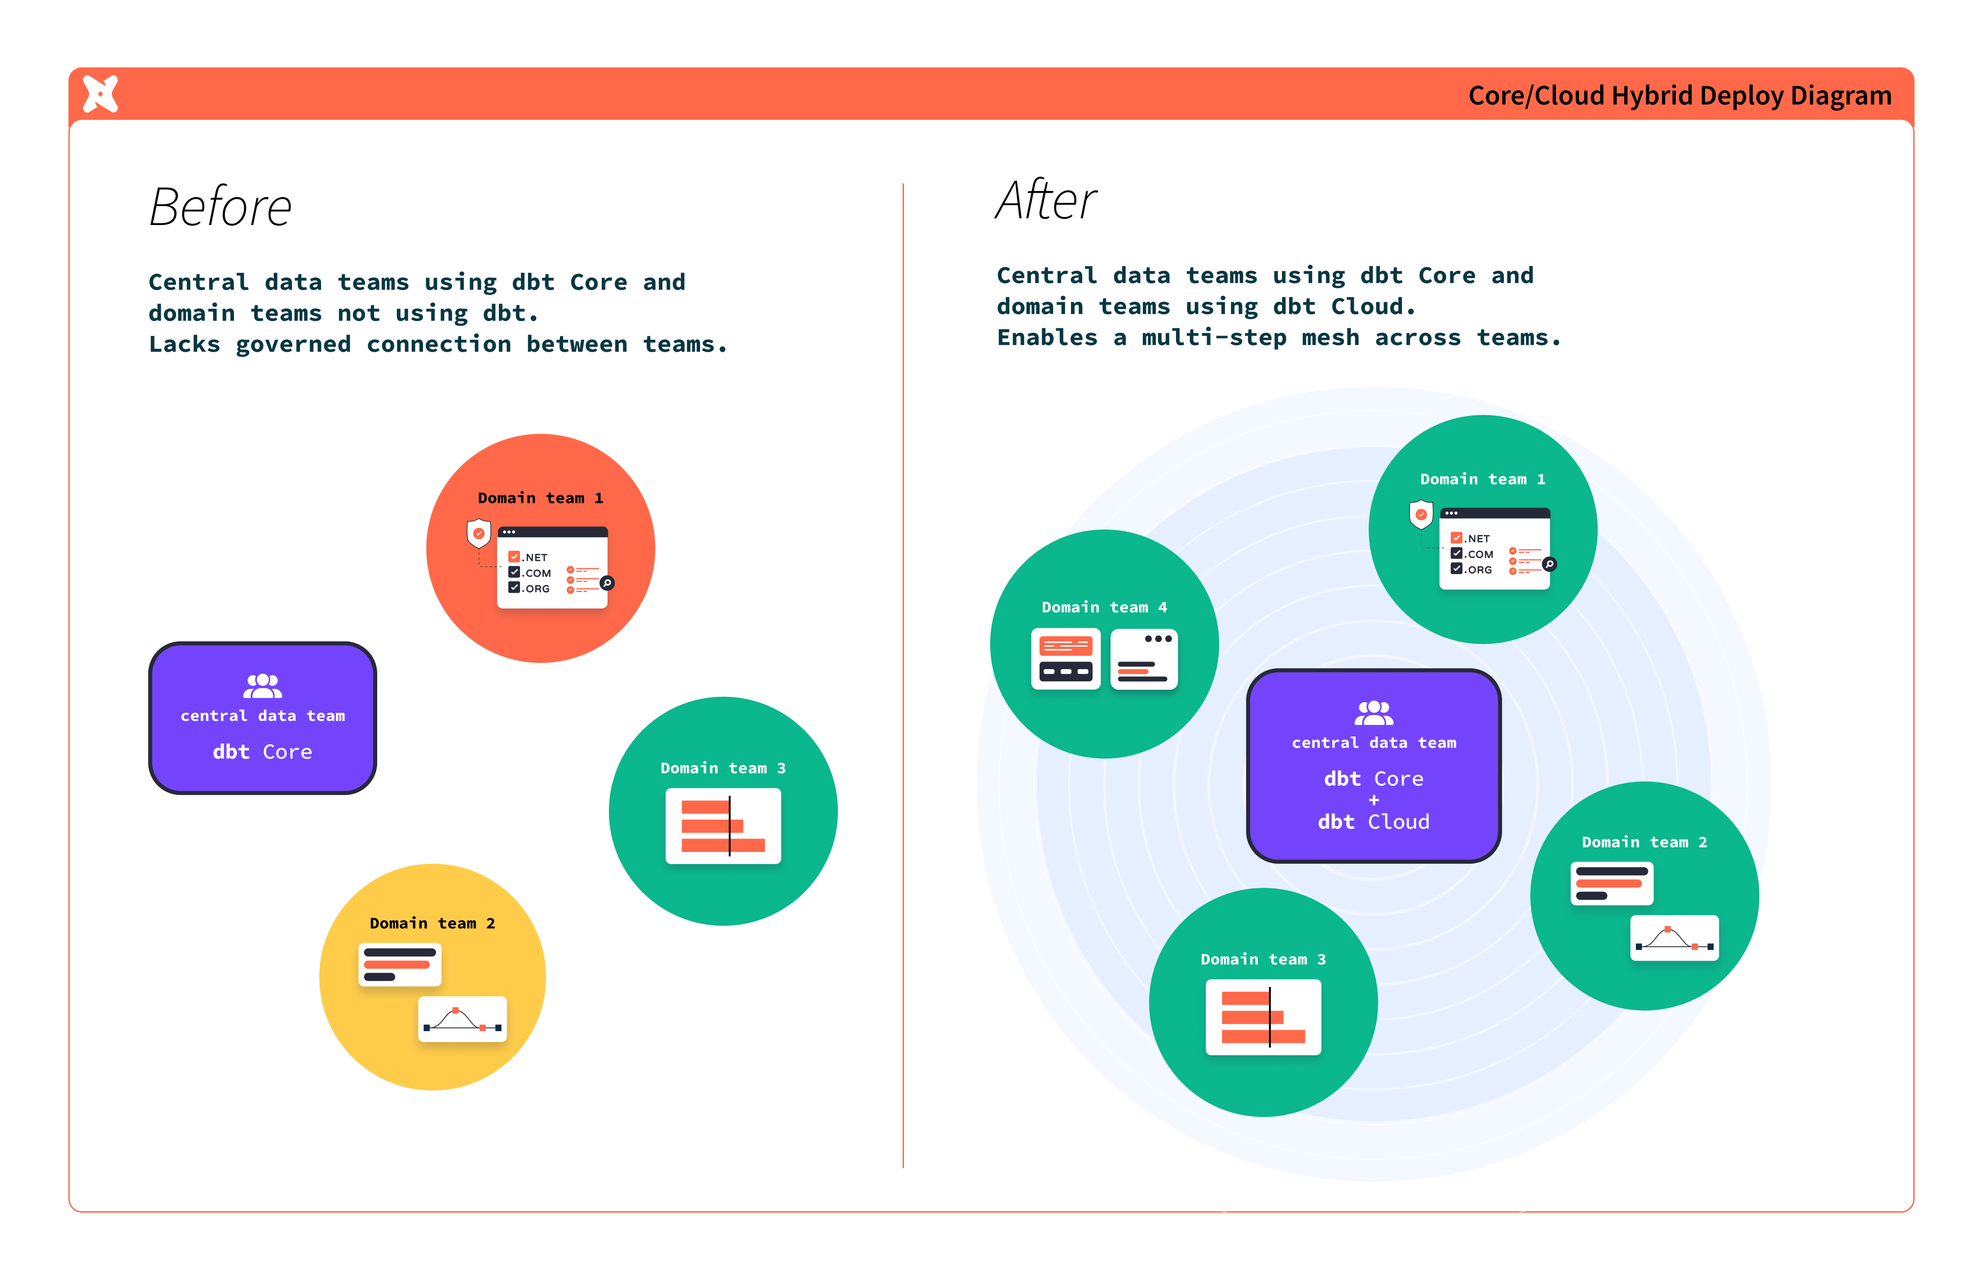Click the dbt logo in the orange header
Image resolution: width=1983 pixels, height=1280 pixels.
pyautogui.click(x=101, y=94)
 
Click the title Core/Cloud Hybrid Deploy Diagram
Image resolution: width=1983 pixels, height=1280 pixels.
pyautogui.click(x=1679, y=96)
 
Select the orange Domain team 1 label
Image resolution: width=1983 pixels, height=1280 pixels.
pyautogui.click(x=540, y=498)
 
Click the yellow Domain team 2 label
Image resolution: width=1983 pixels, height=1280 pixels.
pyautogui.click(x=432, y=923)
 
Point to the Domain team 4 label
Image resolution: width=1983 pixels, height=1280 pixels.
pyautogui.click(x=1104, y=608)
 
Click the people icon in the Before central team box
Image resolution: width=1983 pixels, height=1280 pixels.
pyautogui.click(x=263, y=686)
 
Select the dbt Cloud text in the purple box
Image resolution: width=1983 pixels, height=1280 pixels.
pyautogui.click(x=1374, y=822)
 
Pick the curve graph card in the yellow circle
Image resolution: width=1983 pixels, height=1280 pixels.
pyautogui.click(x=462, y=1019)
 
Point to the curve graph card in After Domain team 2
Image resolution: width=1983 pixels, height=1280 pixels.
pyautogui.click(x=1674, y=938)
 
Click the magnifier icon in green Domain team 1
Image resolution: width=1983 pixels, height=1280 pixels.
pyautogui.click(x=1549, y=565)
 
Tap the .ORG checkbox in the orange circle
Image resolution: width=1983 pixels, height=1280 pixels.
pyautogui.click(x=515, y=587)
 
